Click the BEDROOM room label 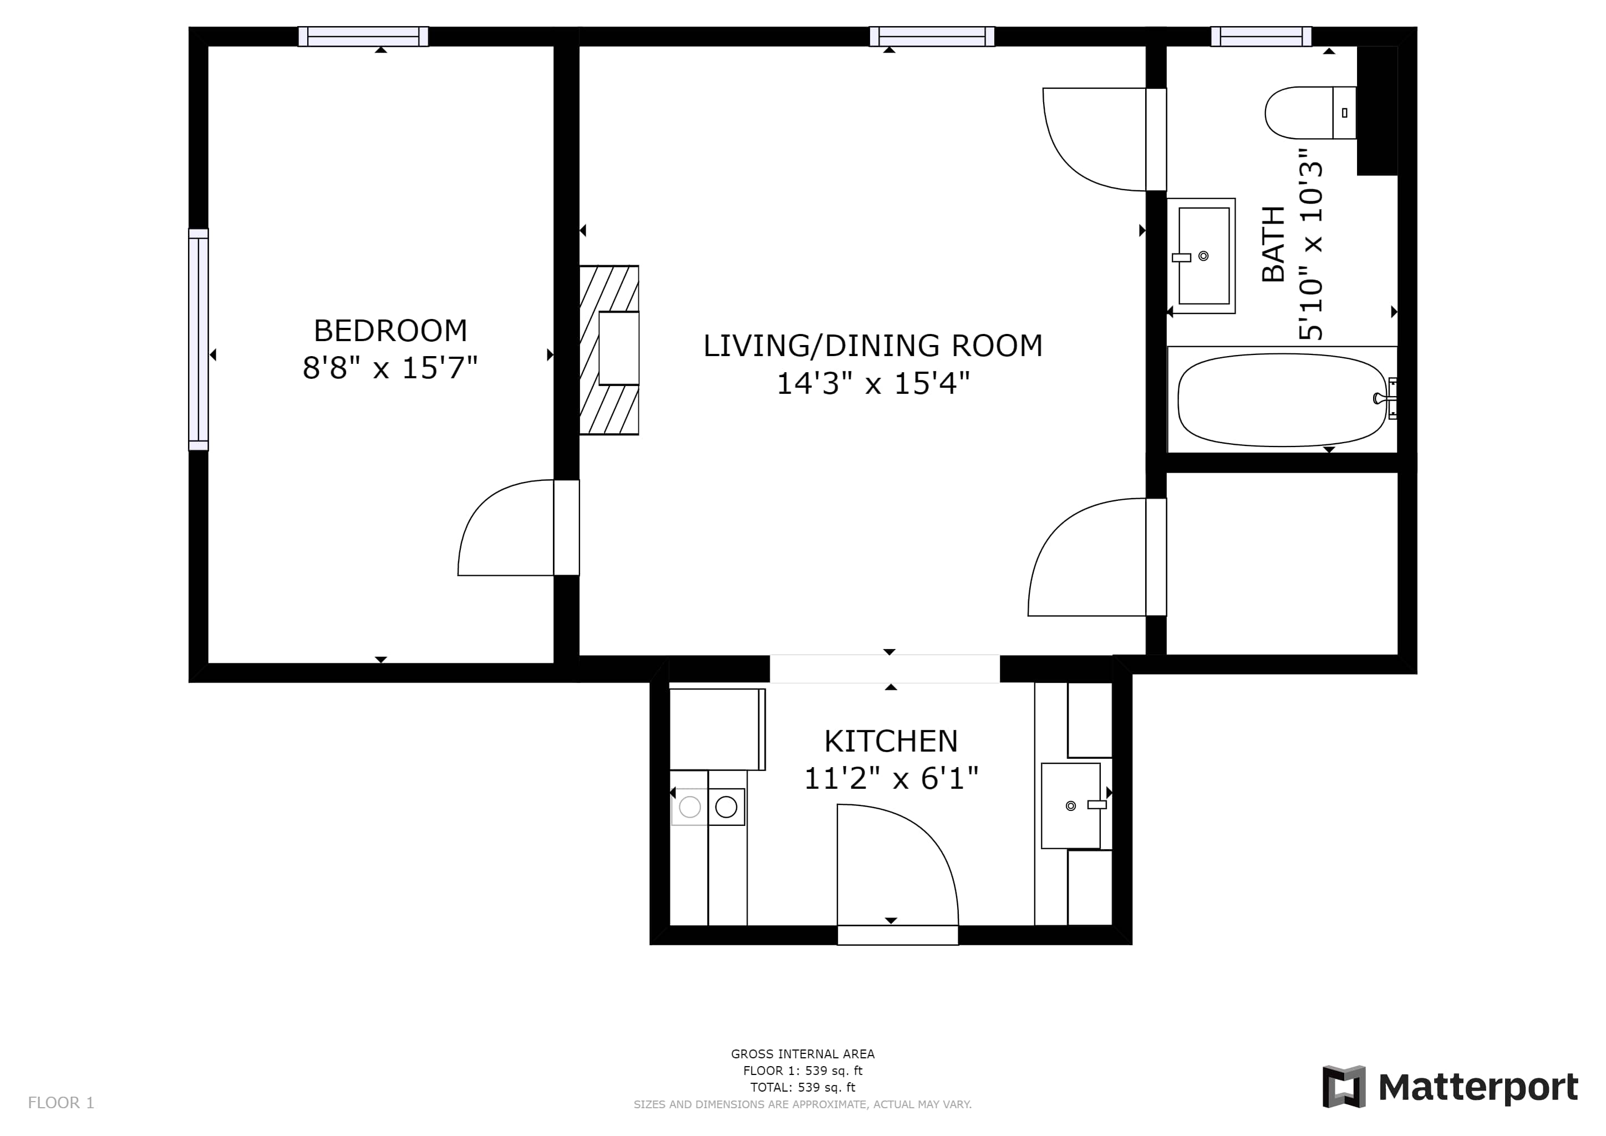tap(390, 331)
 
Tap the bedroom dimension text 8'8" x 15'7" tap(390, 368)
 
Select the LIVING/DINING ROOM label tap(872, 346)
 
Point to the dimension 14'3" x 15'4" tap(873, 383)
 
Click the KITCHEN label tap(891, 741)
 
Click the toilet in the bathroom tap(1310, 113)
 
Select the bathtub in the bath tap(1282, 400)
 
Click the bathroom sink tap(1201, 256)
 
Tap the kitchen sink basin tap(1071, 806)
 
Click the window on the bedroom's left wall tap(199, 340)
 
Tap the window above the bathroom tap(1261, 37)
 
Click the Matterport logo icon tap(1344, 1087)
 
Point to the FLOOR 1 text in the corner tap(61, 1103)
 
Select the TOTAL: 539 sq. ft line tap(803, 1088)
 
